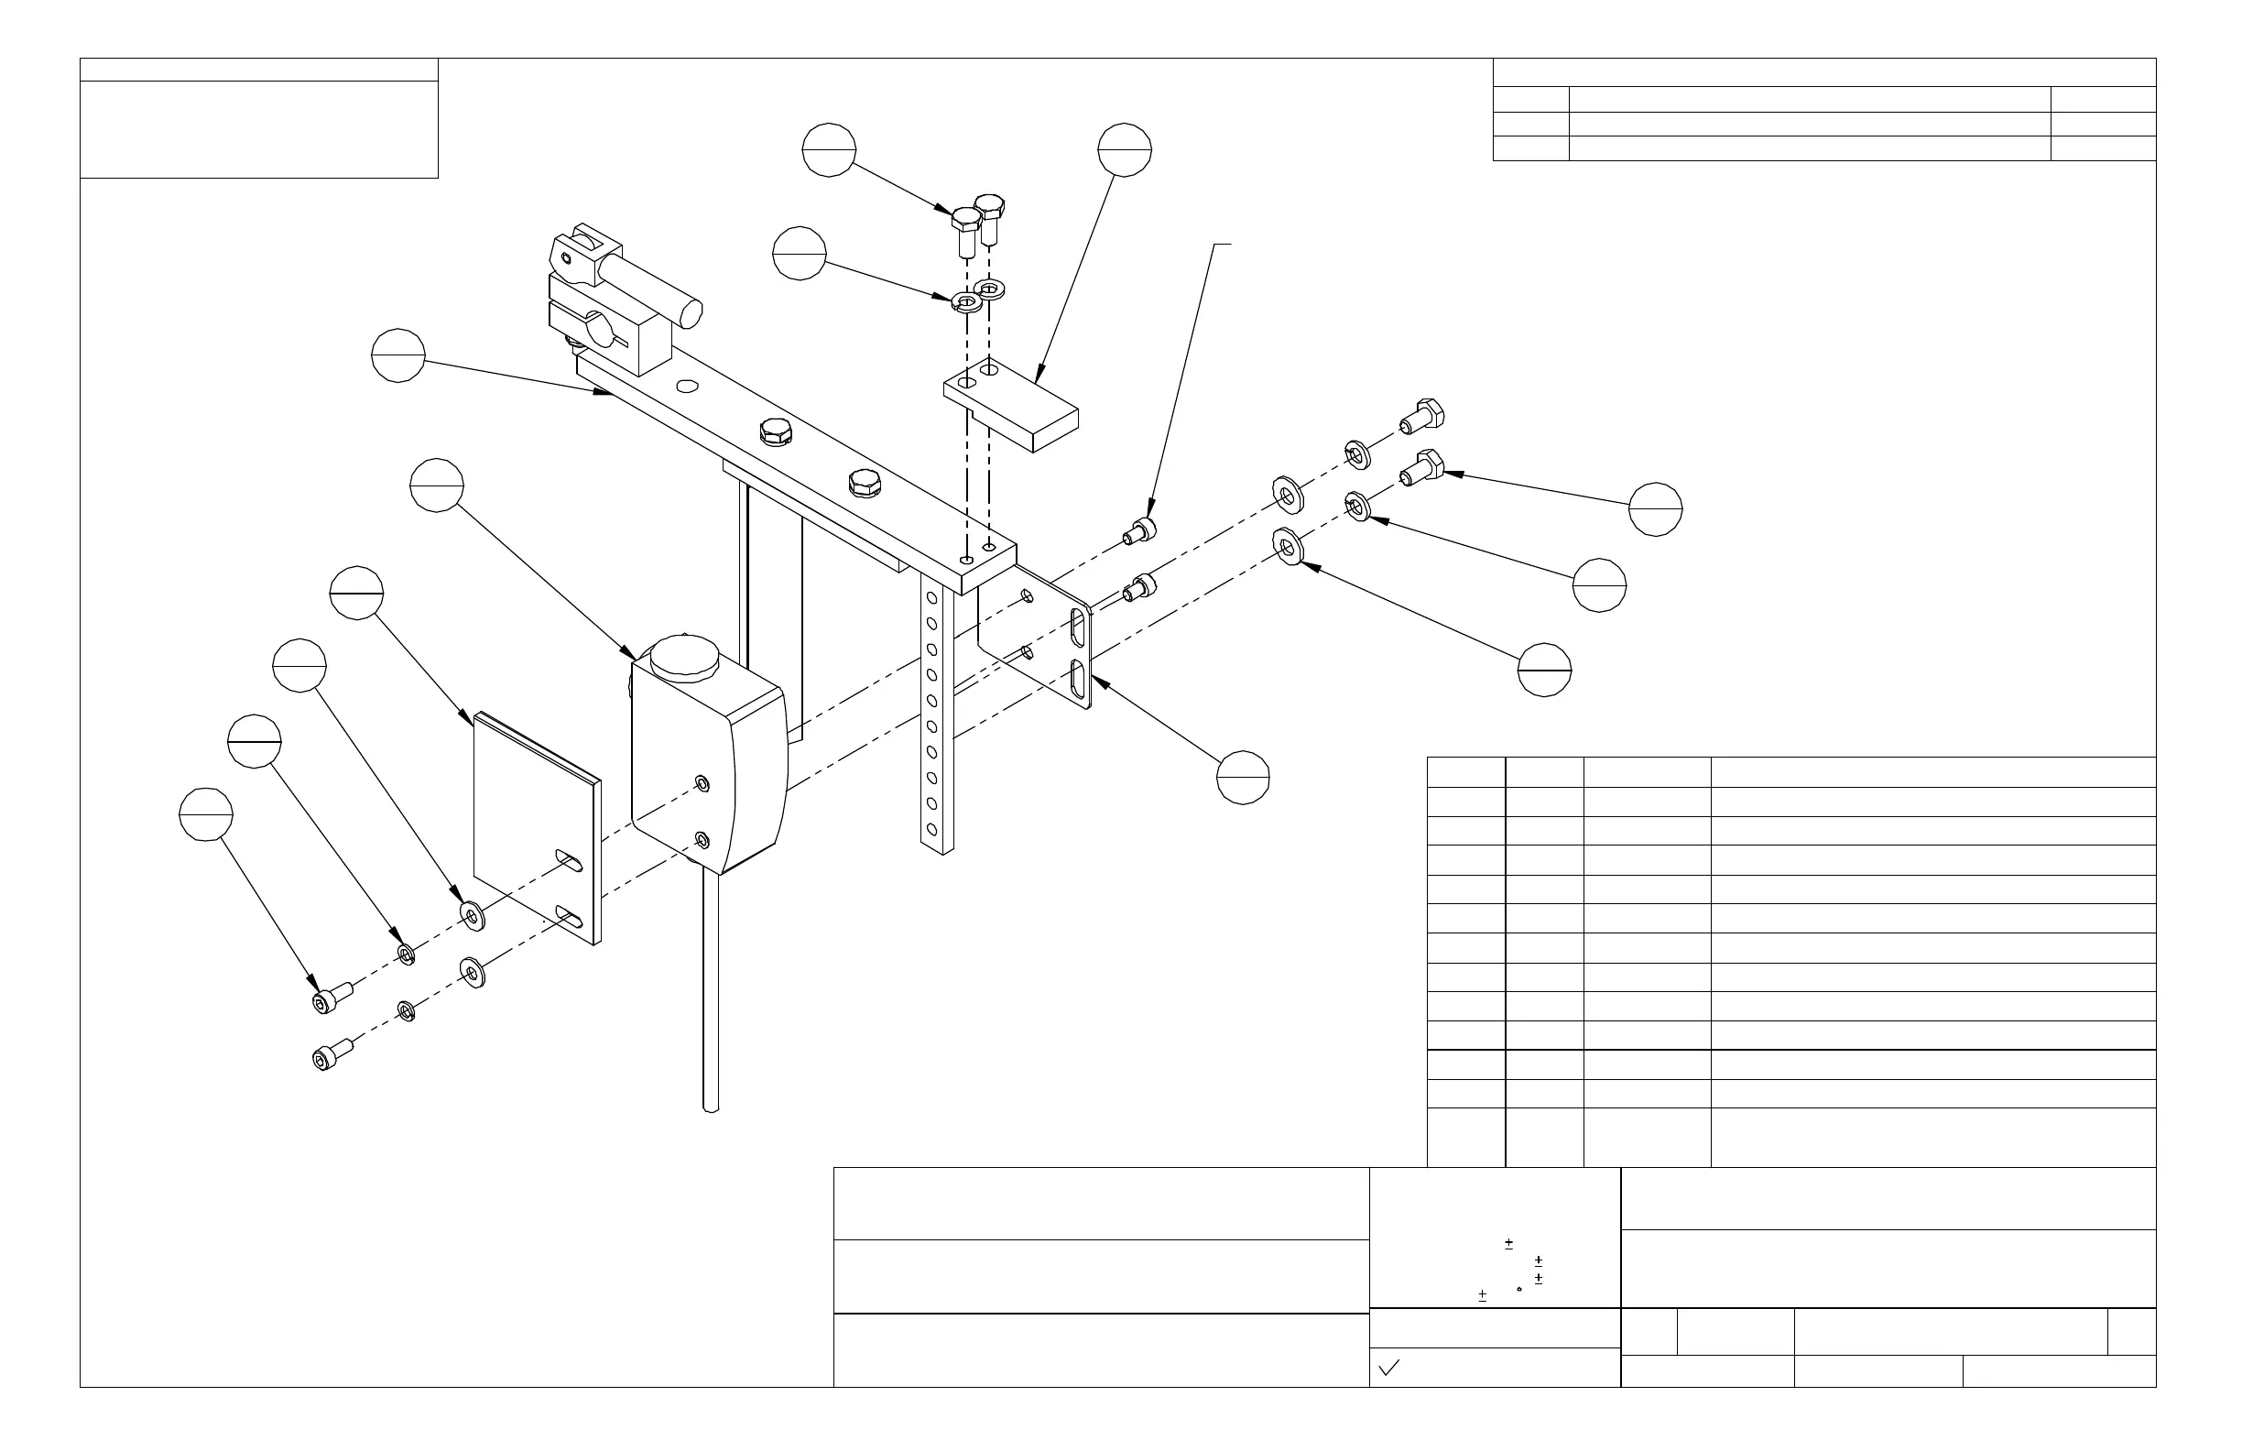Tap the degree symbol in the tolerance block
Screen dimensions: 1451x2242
coord(1519,1288)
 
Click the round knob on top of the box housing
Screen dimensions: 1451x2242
coord(685,657)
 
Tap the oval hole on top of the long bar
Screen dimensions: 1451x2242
coord(688,386)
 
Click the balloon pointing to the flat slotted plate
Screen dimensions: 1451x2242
coord(357,594)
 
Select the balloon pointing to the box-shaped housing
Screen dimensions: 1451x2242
coord(437,485)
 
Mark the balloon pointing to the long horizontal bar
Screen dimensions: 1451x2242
coord(398,356)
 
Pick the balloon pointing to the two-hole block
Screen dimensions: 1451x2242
coord(1125,150)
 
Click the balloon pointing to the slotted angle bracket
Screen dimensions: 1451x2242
coord(1244,779)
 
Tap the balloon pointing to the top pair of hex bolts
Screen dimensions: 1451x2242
coord(829,150)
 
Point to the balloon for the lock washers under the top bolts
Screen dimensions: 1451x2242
coord(800,254)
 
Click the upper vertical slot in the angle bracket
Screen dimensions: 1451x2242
coord(1077,627)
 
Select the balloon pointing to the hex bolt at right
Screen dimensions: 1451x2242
coord(1655,509)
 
